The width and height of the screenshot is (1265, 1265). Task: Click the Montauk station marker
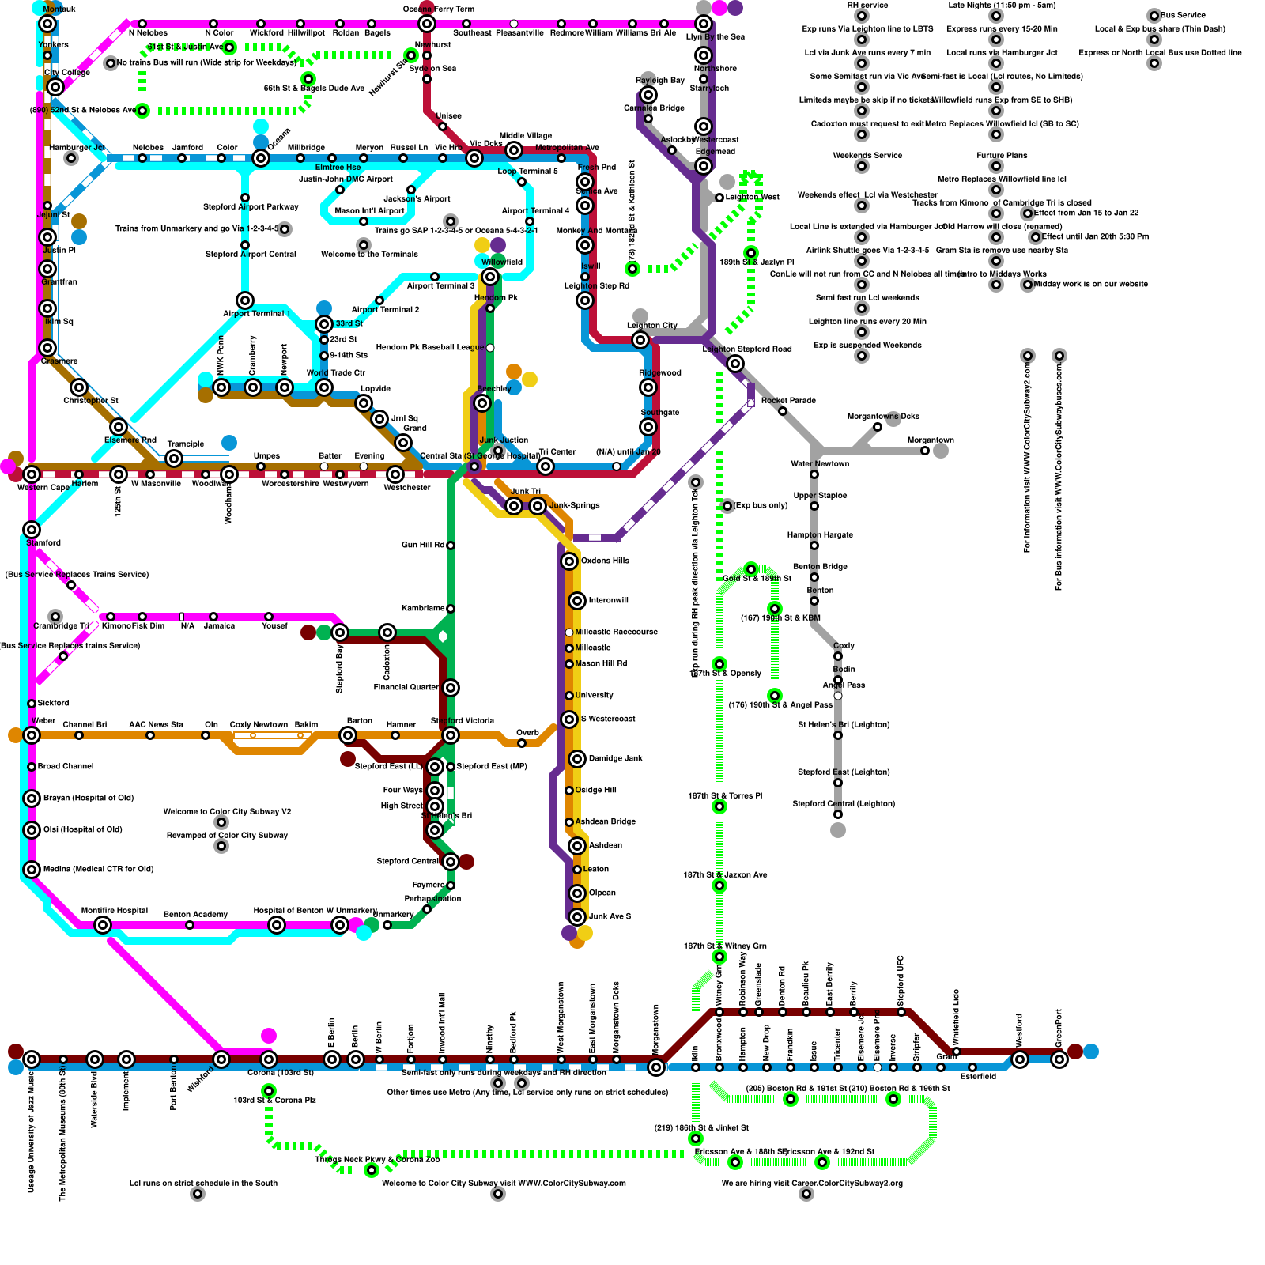(47, 24)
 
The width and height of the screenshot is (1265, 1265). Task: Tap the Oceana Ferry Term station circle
(427, 24)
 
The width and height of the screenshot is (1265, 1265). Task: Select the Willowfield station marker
(490, 277)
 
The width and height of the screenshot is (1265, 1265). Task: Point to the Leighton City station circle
(640, 340)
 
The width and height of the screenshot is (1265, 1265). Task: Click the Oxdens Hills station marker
(569, 561)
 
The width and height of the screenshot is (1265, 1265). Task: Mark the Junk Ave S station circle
(577, 917)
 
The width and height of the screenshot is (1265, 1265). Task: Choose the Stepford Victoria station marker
(451, 735)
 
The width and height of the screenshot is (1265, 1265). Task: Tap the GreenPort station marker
(1059, 1059)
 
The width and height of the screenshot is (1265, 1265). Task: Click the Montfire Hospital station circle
(103, 925)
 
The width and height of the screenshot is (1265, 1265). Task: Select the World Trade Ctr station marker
(324, 387)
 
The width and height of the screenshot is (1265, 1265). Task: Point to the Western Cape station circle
(32, 474)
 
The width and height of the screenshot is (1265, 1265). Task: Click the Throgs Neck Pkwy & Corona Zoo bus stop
(372, 1170)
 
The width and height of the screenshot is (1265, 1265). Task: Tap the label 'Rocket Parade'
(788, 401)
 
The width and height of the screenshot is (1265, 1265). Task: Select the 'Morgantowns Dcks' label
(883, 416)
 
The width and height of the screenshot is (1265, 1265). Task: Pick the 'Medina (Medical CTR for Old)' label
(98, 869)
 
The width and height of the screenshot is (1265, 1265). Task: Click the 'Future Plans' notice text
(1002, 155)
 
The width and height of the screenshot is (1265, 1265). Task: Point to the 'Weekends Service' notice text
(867, 155)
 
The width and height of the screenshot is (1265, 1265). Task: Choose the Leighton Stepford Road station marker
(735, 364)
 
